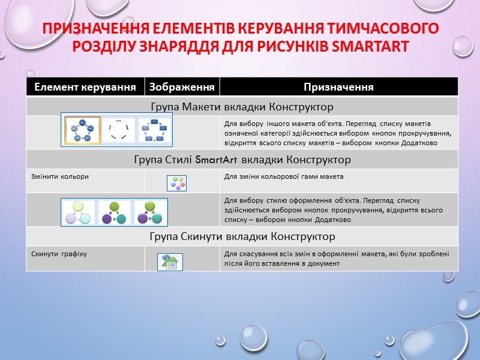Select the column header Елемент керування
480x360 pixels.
point(85,87)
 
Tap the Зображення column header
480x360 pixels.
point(182,87)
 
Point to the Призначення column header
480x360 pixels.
point(338,87)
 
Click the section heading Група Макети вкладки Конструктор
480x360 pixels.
point(241,107)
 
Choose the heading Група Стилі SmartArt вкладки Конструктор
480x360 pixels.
point(241,160)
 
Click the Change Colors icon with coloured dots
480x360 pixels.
point(176,183)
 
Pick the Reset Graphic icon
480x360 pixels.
point(170,262)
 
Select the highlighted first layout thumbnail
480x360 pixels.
point(82,130)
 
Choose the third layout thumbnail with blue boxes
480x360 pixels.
point(154,130)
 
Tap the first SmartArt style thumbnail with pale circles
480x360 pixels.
point(79,212)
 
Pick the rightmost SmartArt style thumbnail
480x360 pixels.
point(150,212)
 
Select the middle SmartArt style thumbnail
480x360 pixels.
point(115,212)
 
